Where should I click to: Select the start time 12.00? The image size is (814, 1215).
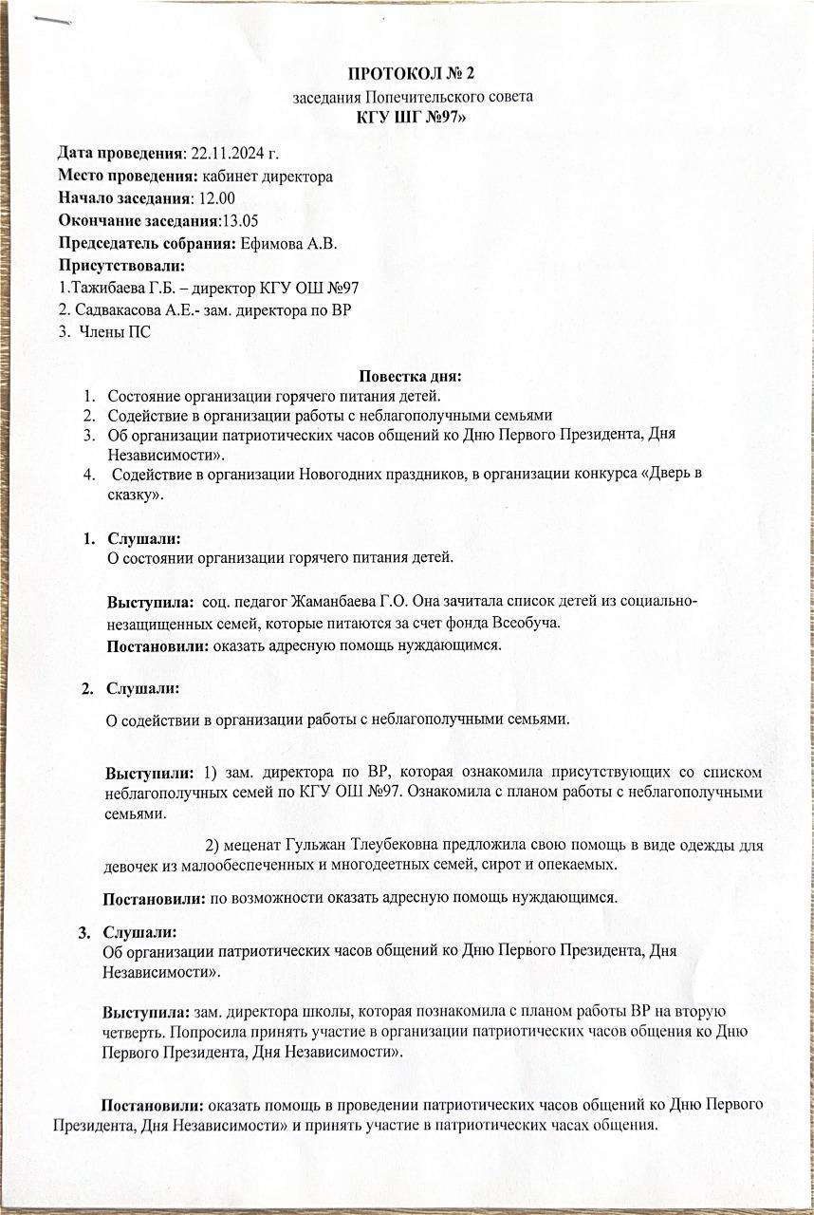(214, 198)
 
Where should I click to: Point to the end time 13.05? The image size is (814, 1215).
(239, 221)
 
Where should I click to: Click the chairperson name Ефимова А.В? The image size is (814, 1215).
(288, 244)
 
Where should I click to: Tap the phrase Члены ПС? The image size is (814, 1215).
(116, 332)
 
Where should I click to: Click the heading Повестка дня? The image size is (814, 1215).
(411, 377)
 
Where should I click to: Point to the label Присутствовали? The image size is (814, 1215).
(121, 267)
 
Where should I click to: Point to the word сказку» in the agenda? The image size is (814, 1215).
(137, 495)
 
